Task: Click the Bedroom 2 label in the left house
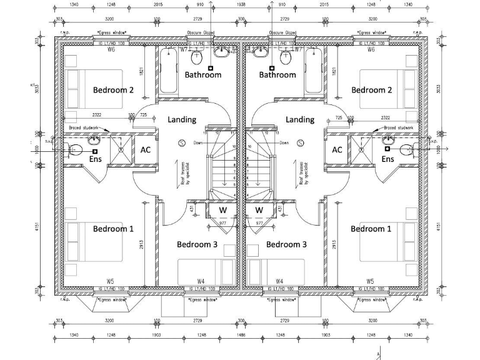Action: click(x=113, y=90)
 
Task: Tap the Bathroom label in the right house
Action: click(x=277, y=75)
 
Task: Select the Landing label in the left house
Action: click(x=182, y=119)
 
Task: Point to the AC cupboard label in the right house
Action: click(x=337, y=150)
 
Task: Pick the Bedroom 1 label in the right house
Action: click(x=371, y=229)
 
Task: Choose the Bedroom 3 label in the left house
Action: click(x=197, y=244)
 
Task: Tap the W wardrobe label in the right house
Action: click(x=259, y=210)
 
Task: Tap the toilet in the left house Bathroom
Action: click(x=196, y=59)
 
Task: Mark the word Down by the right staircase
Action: click(x=284, y=143)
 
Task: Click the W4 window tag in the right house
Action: click(x=280, y=281)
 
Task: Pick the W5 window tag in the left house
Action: click(x=110, y=281)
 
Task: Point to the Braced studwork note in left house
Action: click(x=83, y=127)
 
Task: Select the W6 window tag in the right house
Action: click(x=371, y=49)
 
